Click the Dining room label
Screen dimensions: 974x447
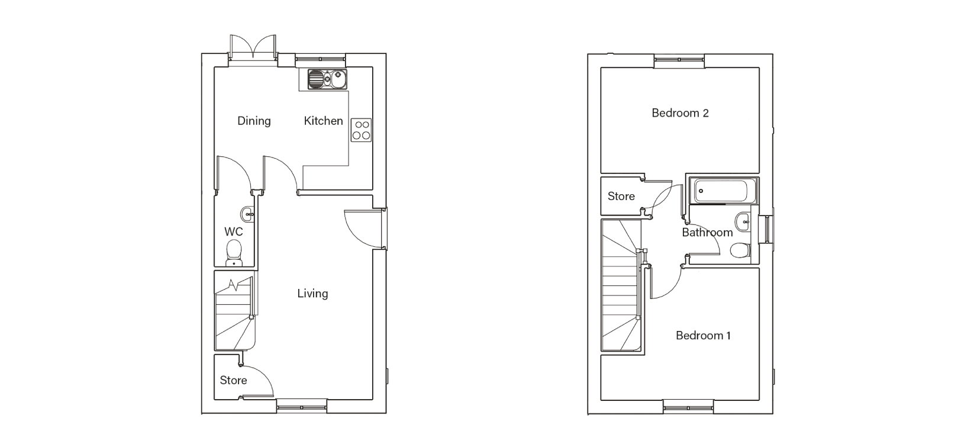254,121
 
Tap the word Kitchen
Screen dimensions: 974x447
323,121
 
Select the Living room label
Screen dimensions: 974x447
312,294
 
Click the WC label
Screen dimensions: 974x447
234,232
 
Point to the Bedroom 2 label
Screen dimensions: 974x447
680,113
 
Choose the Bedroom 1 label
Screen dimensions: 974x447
703,336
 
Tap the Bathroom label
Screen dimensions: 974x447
707,233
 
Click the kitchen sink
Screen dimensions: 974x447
327,79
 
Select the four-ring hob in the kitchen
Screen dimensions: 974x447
362,130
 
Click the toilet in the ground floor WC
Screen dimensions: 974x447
234,254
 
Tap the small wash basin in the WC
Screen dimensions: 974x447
247,214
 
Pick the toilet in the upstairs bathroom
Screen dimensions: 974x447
740,250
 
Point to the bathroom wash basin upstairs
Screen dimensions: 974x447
743,222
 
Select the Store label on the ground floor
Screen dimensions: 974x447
234,381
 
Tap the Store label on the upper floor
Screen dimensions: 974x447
621,197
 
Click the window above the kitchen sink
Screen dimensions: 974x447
321,60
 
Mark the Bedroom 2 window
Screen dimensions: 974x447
679,61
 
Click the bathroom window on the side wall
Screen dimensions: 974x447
766,229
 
